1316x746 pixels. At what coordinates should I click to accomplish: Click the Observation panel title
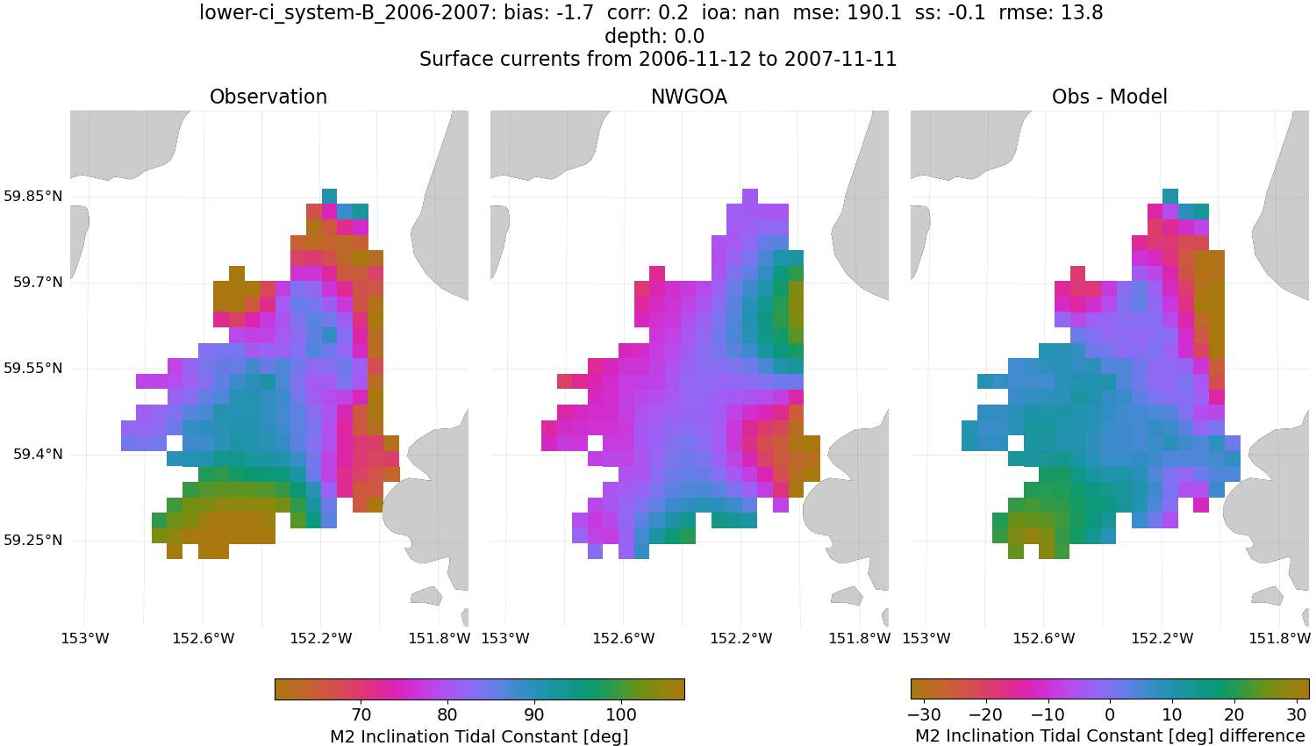point(268,97)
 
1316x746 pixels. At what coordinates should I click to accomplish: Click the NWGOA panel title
point(689,97)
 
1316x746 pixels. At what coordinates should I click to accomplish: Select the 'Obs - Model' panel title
point(1109,97)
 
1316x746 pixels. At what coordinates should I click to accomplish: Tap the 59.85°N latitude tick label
point(33,196)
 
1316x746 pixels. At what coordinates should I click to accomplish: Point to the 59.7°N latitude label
point(38,282)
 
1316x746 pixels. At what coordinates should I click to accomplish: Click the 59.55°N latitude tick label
point(33,368)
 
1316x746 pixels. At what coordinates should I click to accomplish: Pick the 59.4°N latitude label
point(38,454)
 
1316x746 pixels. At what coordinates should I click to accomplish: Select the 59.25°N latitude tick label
point(33,540)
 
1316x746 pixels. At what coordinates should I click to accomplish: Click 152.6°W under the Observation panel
point(203,638)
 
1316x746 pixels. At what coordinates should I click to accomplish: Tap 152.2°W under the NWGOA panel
point(741,638)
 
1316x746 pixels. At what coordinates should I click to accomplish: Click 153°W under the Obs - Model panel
point(926,638)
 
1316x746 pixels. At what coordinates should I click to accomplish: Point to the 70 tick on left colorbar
point(361,714)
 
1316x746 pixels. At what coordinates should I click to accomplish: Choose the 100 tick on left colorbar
point(621,714)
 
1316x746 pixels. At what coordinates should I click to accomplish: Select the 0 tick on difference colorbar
point(1110,714)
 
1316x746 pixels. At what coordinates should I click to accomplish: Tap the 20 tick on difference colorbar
point(1234,714)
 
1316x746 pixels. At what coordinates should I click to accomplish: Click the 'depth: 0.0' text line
point(654,36)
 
